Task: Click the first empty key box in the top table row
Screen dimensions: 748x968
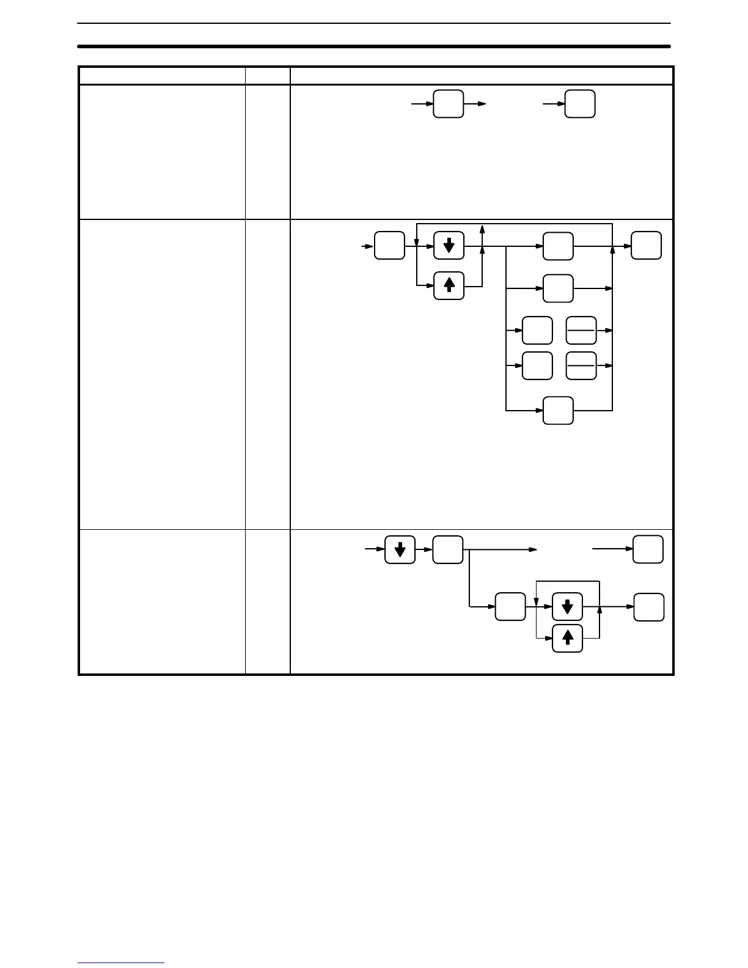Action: pyautogui.click(x=449, y=104)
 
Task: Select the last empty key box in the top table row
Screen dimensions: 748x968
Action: pyautogui.click(x=580, y=104)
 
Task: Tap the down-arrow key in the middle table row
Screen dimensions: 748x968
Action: pyautogui.click(x=449, y=246)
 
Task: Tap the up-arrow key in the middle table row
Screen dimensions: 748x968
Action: pyautogui.click(x=449, y=285)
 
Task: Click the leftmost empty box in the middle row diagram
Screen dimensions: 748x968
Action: pyautogui.click(x=389, y=246)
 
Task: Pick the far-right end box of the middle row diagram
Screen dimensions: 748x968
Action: pyautogui.click(x=646, y=246)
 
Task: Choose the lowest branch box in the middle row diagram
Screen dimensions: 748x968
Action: pyautogui.click(x=558, y=410)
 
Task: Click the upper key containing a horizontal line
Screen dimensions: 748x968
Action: pyautogui.click(x=581, y=330)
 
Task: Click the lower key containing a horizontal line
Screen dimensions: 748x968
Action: pyautogui.click(x=581, y=365)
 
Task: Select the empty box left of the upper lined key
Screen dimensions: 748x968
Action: pyautogui.click(x=537, y=330)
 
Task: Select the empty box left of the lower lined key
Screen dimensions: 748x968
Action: pyautogui.click(x=537, y=365)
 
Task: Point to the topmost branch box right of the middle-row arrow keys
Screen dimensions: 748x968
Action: pyautogui.click(x=558, y=246)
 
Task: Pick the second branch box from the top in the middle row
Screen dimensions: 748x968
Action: pyautogui.click(x=558, y=288)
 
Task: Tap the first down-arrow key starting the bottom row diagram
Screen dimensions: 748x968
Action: pyautogui.click(x=400, y=549)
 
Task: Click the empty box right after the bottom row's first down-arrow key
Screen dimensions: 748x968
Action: pyautogui.click(x=447, y=549)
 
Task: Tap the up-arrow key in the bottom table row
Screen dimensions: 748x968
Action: pyautogui.click(x=567, y=638)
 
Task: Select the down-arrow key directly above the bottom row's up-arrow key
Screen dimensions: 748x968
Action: pyautogui.click(x=567, y=607)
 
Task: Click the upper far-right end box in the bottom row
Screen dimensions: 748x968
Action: pyautogui.click(x=648, y=549)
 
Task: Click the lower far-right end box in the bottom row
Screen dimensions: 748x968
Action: pyautogui.click(x=648, y=607)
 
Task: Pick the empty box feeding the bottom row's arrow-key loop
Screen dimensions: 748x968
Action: pyautogui.click(x=510, y=607)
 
